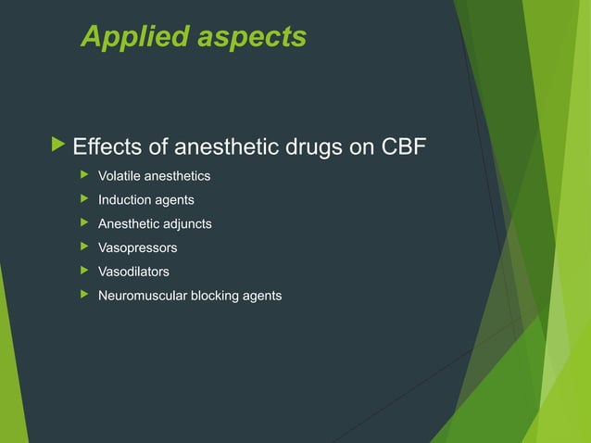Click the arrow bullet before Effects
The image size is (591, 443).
coord(60,146)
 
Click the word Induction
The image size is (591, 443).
coord(127,200)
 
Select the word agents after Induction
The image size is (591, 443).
coord(176,200)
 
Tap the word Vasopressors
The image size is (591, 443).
coord(138,248)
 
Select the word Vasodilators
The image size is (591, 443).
coord(133,272)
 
